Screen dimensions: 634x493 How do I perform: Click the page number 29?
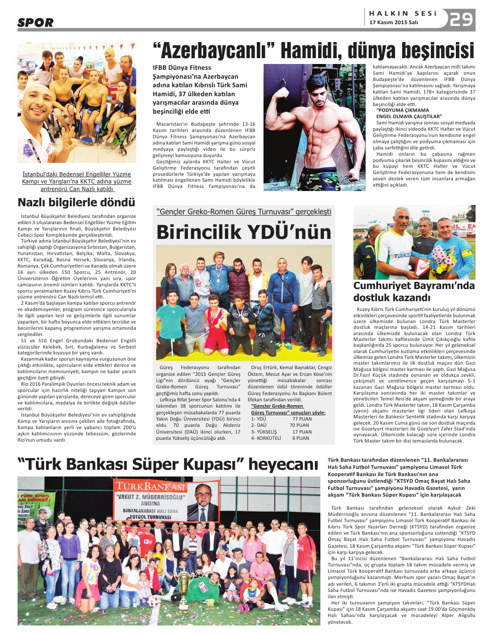coord(461,20)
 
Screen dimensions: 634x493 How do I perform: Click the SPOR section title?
coord(35,22)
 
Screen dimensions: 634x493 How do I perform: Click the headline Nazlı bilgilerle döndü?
coord(76,203)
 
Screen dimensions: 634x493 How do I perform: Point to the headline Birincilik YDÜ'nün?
coord(244,232)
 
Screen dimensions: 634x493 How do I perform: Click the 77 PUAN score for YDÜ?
coord(302,419)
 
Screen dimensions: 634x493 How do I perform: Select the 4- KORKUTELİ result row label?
coord(266,438)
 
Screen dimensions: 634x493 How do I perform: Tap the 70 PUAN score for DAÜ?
coord(299,426)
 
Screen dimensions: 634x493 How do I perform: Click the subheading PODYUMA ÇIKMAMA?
coord(403,110)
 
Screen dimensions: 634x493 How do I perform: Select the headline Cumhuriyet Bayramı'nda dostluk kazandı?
coord(414,292)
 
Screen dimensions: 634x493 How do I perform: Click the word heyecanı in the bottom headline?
coord(283,464)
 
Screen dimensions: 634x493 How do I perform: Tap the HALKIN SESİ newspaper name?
coord(403,13)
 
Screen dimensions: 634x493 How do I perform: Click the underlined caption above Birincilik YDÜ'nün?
coord(244,212)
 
